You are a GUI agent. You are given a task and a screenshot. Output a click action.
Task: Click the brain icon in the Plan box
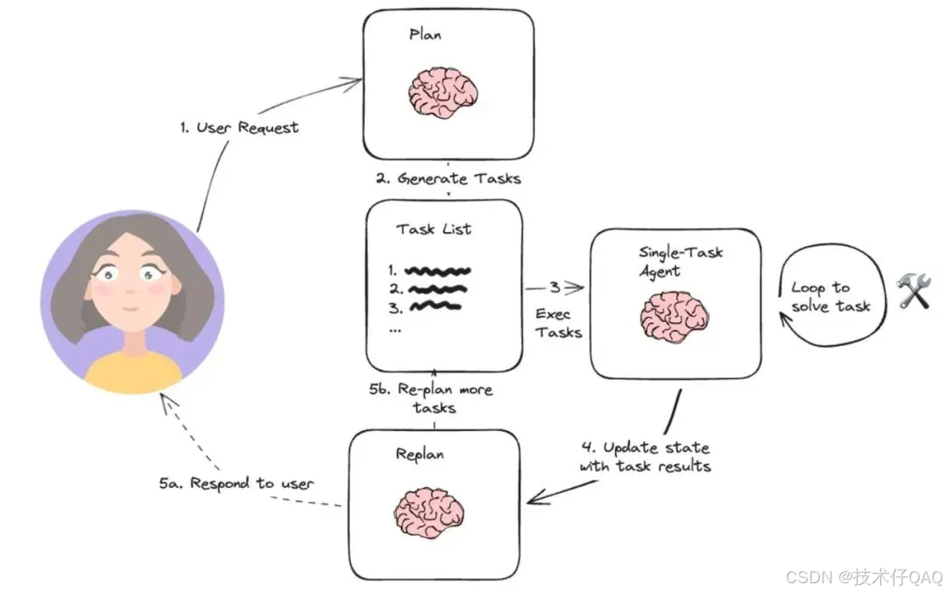coord(444,90)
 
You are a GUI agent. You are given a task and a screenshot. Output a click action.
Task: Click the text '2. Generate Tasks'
coord(448,179)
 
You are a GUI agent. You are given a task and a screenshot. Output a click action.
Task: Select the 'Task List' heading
coord(434,229)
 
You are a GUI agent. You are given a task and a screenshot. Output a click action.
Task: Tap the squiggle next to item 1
coord(438,270)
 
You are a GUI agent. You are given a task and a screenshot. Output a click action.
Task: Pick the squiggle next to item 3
coord(434,307)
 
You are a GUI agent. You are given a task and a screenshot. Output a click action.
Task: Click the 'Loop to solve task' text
coord(830,297)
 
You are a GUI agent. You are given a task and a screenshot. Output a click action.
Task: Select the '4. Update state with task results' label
coord(645,457)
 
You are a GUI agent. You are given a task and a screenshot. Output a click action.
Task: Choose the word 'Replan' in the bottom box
coord(420,455)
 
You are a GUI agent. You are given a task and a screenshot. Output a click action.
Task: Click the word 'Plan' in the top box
coord(427,36)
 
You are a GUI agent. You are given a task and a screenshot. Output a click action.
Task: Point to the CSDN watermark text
coord(863,576)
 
